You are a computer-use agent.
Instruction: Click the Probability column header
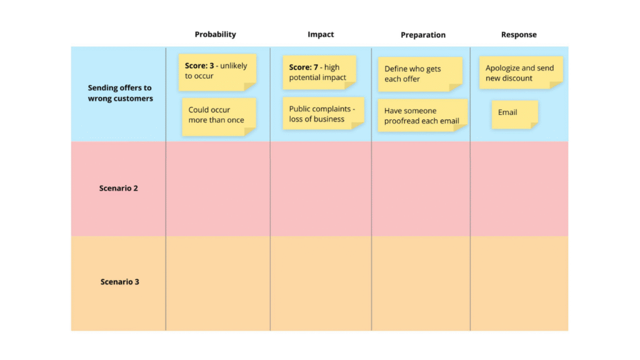tap(215, 35)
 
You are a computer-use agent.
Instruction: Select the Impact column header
tap(321, 35)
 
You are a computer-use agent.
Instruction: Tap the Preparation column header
tap(423, 35)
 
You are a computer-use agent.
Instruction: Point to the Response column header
tap(519, 35)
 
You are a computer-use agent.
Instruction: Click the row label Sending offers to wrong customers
tap(120, 93)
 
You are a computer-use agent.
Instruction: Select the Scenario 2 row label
tap(118, 188)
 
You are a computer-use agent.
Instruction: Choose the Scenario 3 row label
tap(119, 282)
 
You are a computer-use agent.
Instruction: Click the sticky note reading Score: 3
tap(217, 72)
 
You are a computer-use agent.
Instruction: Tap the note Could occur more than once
tap(219, 117)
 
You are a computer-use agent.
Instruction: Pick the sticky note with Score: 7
tap(319, 72)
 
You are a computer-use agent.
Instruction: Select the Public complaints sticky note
tap(323, 114)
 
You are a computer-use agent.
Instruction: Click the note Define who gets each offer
tap(420, 74)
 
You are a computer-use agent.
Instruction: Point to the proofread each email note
tap(422, 116)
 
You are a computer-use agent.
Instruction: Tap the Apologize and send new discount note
tap(521, 72)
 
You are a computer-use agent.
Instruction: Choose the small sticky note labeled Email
tap(515, 115)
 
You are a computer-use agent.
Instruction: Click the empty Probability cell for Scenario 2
tap(218, 189)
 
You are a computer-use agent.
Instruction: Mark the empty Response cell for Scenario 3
tap(519, 283)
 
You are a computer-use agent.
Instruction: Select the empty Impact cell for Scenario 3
tap(321, 283)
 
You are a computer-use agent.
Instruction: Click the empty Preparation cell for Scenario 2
tap(421, 189)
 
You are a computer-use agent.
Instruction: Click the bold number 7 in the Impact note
tap(316, 67)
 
